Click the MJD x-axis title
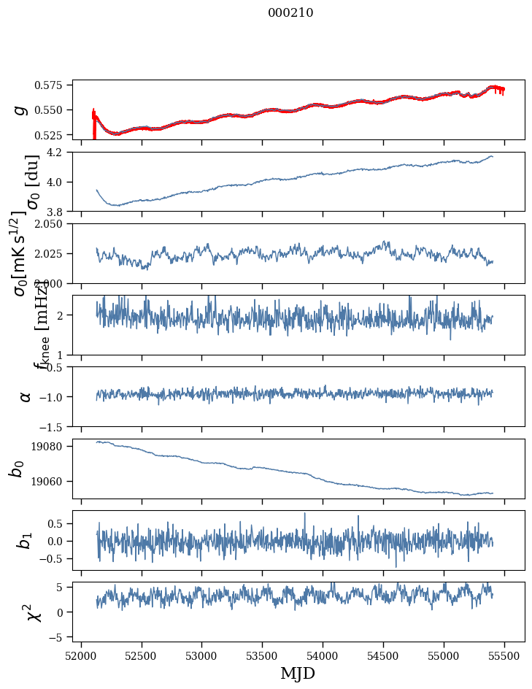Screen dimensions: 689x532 [x=298, y=673]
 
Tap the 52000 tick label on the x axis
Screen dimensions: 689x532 [x=81, y=655]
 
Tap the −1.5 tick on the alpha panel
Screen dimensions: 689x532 [x=56, y=426]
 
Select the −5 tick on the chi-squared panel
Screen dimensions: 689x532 [x=60, y=637]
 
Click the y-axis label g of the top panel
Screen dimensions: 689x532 [x=22, y=109]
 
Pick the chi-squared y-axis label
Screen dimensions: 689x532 [x=33, y=612]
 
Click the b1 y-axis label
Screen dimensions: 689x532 [x=25, y=541]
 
